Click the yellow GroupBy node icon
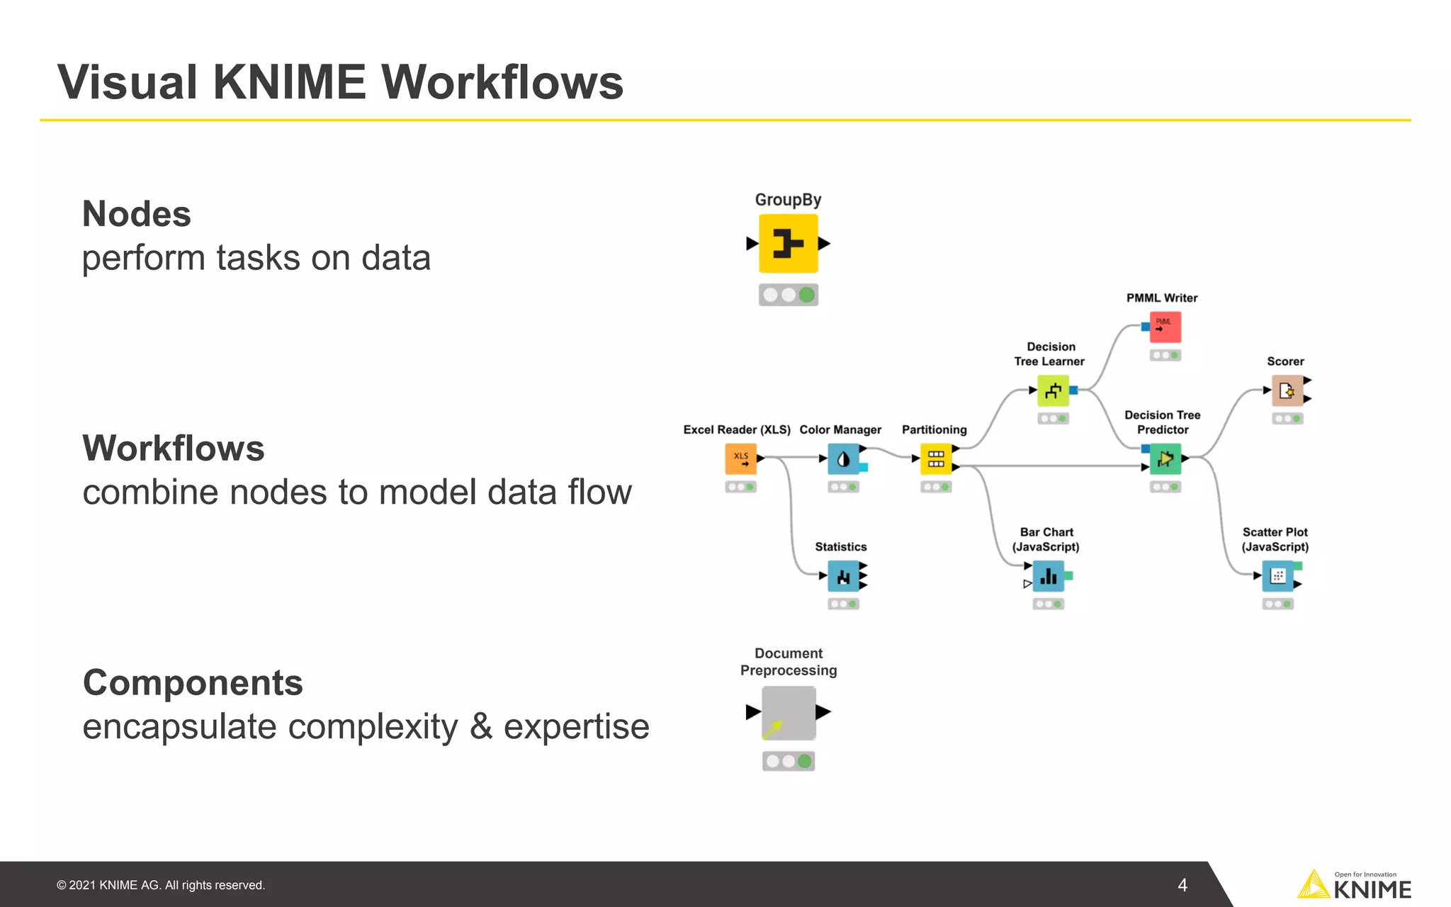pos(788,244)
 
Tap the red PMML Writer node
pos(1165,327)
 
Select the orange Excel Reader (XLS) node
pos(740,458)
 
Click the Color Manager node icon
pos(843,459)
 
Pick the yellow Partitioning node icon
pos(935,459)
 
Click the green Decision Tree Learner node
pos(1053,390)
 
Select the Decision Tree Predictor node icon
pos(1165,459)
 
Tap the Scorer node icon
pos(1287,390)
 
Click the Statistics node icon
pos(843,576)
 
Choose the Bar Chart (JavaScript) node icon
pos(1048,576)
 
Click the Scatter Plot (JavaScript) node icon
pos(1277,576)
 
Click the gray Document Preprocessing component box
pos(789,713)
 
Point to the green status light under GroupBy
pos(806,295)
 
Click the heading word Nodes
pos(137,214)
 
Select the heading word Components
pos(193,683)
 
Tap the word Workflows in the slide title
pos(502,83)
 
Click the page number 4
pos(1182,885)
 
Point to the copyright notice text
pos(161,885)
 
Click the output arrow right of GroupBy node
pos(824,244)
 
